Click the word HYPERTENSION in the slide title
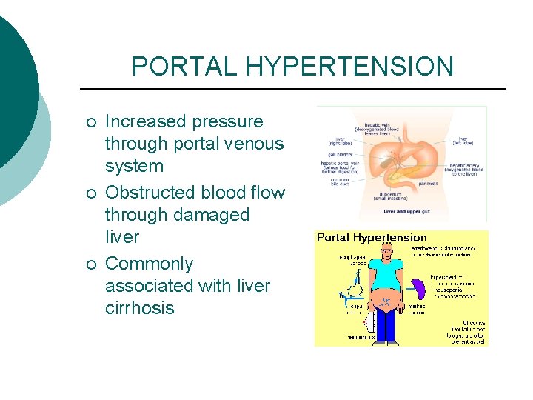(350, 67)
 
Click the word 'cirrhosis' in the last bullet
(139, 308)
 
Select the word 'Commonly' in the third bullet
(149, 264)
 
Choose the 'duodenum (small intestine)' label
(403, 196)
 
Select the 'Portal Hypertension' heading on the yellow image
(372, 238)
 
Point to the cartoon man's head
(384, 250)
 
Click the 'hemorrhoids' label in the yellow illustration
(362, 337)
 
